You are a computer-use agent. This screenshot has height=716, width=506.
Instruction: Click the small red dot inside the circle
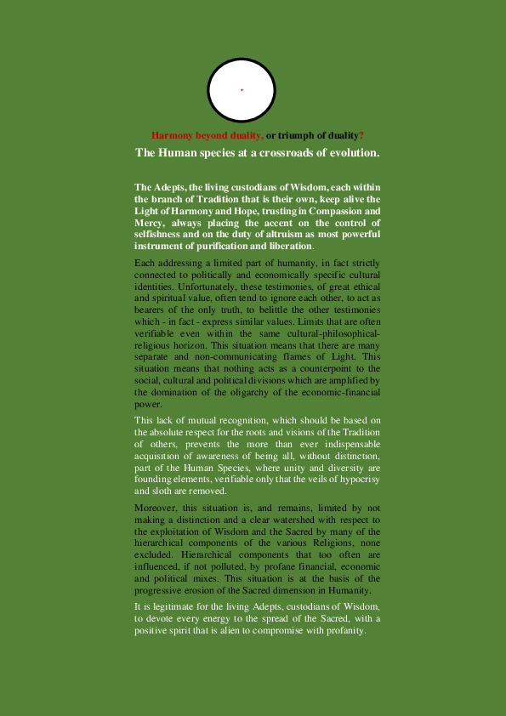(242, 89)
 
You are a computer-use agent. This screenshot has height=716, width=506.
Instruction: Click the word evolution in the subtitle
(350, 153)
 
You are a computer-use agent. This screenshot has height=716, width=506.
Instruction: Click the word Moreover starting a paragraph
(156, 508)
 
